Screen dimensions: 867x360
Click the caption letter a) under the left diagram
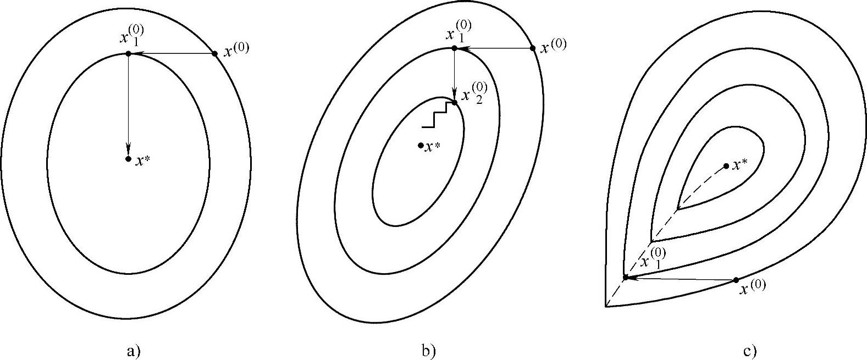click(134, 351)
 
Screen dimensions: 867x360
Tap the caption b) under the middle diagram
click(428, 351)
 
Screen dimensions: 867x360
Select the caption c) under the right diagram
click(749, 351)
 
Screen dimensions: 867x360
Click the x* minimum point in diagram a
click(128, 159)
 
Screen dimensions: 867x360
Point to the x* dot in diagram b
click(421, 145)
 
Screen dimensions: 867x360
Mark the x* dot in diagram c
click(726, 166)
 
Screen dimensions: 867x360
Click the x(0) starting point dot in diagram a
click(214, 53)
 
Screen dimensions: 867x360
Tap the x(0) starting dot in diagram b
click(532, 48)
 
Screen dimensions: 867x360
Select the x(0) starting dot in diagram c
click(736, 280)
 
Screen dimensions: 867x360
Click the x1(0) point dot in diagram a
click(128, 53)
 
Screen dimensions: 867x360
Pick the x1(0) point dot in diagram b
click(454, 48)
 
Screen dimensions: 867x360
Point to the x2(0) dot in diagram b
click(454, 102)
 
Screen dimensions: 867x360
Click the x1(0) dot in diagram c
click(625, 277)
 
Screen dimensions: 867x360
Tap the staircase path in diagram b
click(441, 115)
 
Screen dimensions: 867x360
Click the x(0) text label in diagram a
click(236, 51)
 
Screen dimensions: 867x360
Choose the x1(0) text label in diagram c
click(654, 258)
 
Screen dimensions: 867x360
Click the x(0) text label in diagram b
click(553, 46)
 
